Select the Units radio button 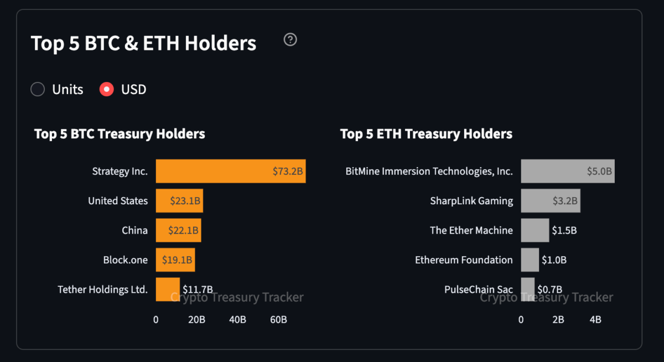pyautogui.click(x=38, y=89)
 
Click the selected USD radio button pyautogui.click(x=107, y=89)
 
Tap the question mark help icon pyautogui.click(x=290, y=39)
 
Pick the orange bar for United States pyautogui.click(x=179, y=200)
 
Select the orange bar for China pyautogui.click(x=178, y=230)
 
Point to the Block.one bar pyautogui.click(x=175, y=260)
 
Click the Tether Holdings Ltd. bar pyautogui.click(x=168, y=289)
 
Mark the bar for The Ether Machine pyautogui.click(x=535, y=230)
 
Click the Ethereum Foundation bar pyautogui.click(x=530, y=260)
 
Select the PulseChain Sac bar pyautogui.click(x=527, y=289)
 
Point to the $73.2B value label pyautogui.click(x=288, y=171)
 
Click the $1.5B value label pyautogui.click(x=564, y=230)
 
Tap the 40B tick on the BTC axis pyautogui.click(x=237, y=319)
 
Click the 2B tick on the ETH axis pyautogui.click(x=558, y=319)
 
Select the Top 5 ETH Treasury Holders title pyautogui.click(x=426, y=134)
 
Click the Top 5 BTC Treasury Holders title pyautogui.click(x=120, y=134)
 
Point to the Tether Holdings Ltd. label pyautogui.click(x=102, y=289)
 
